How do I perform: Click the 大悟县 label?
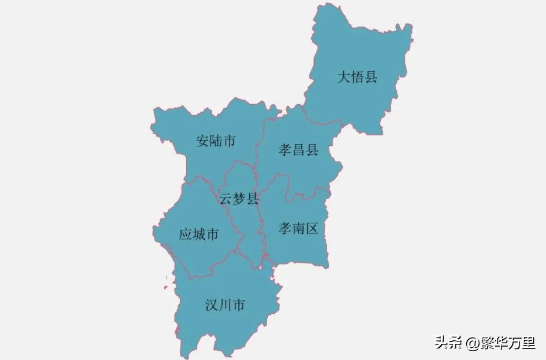click(x=357, y=77)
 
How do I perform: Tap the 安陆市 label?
click(x=216, y=141)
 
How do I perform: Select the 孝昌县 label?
click(x=298, y=150)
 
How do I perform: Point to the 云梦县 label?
click(x=238, y=199)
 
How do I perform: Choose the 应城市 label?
click(x=198, y=234)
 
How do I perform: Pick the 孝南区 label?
click(x=298, y=228)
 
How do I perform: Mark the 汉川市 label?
click(x=225, y=305)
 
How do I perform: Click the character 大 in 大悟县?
click(x=344, y=77)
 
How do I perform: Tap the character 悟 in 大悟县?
click(x=357, y=77)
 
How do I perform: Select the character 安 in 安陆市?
click(x=202, y=141)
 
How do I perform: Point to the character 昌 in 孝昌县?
click(x=298, y=150)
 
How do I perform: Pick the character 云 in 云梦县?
click(x=225, y=199)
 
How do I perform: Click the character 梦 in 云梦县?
click(x=238, y=199)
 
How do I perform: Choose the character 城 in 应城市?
click(x=198, y=234)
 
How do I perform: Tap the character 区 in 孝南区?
click(x=312, y=228)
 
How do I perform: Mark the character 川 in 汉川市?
click(x=225, y=305)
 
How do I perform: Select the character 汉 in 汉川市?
click(x=212, y=305)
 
